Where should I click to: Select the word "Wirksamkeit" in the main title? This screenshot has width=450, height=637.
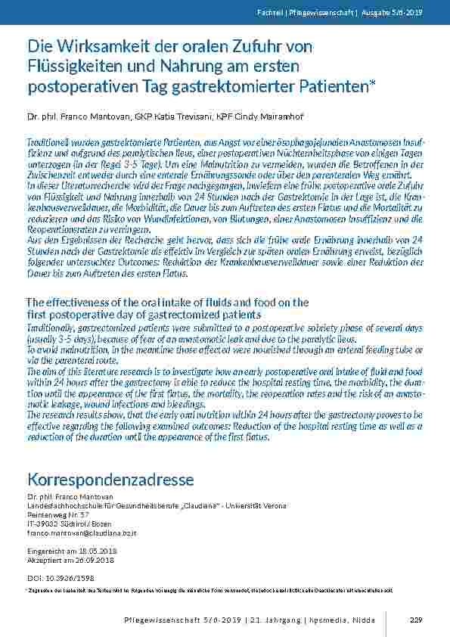[96, 47]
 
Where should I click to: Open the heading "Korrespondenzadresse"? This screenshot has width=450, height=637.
[110, 480]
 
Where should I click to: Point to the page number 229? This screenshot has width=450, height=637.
[414, 620]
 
